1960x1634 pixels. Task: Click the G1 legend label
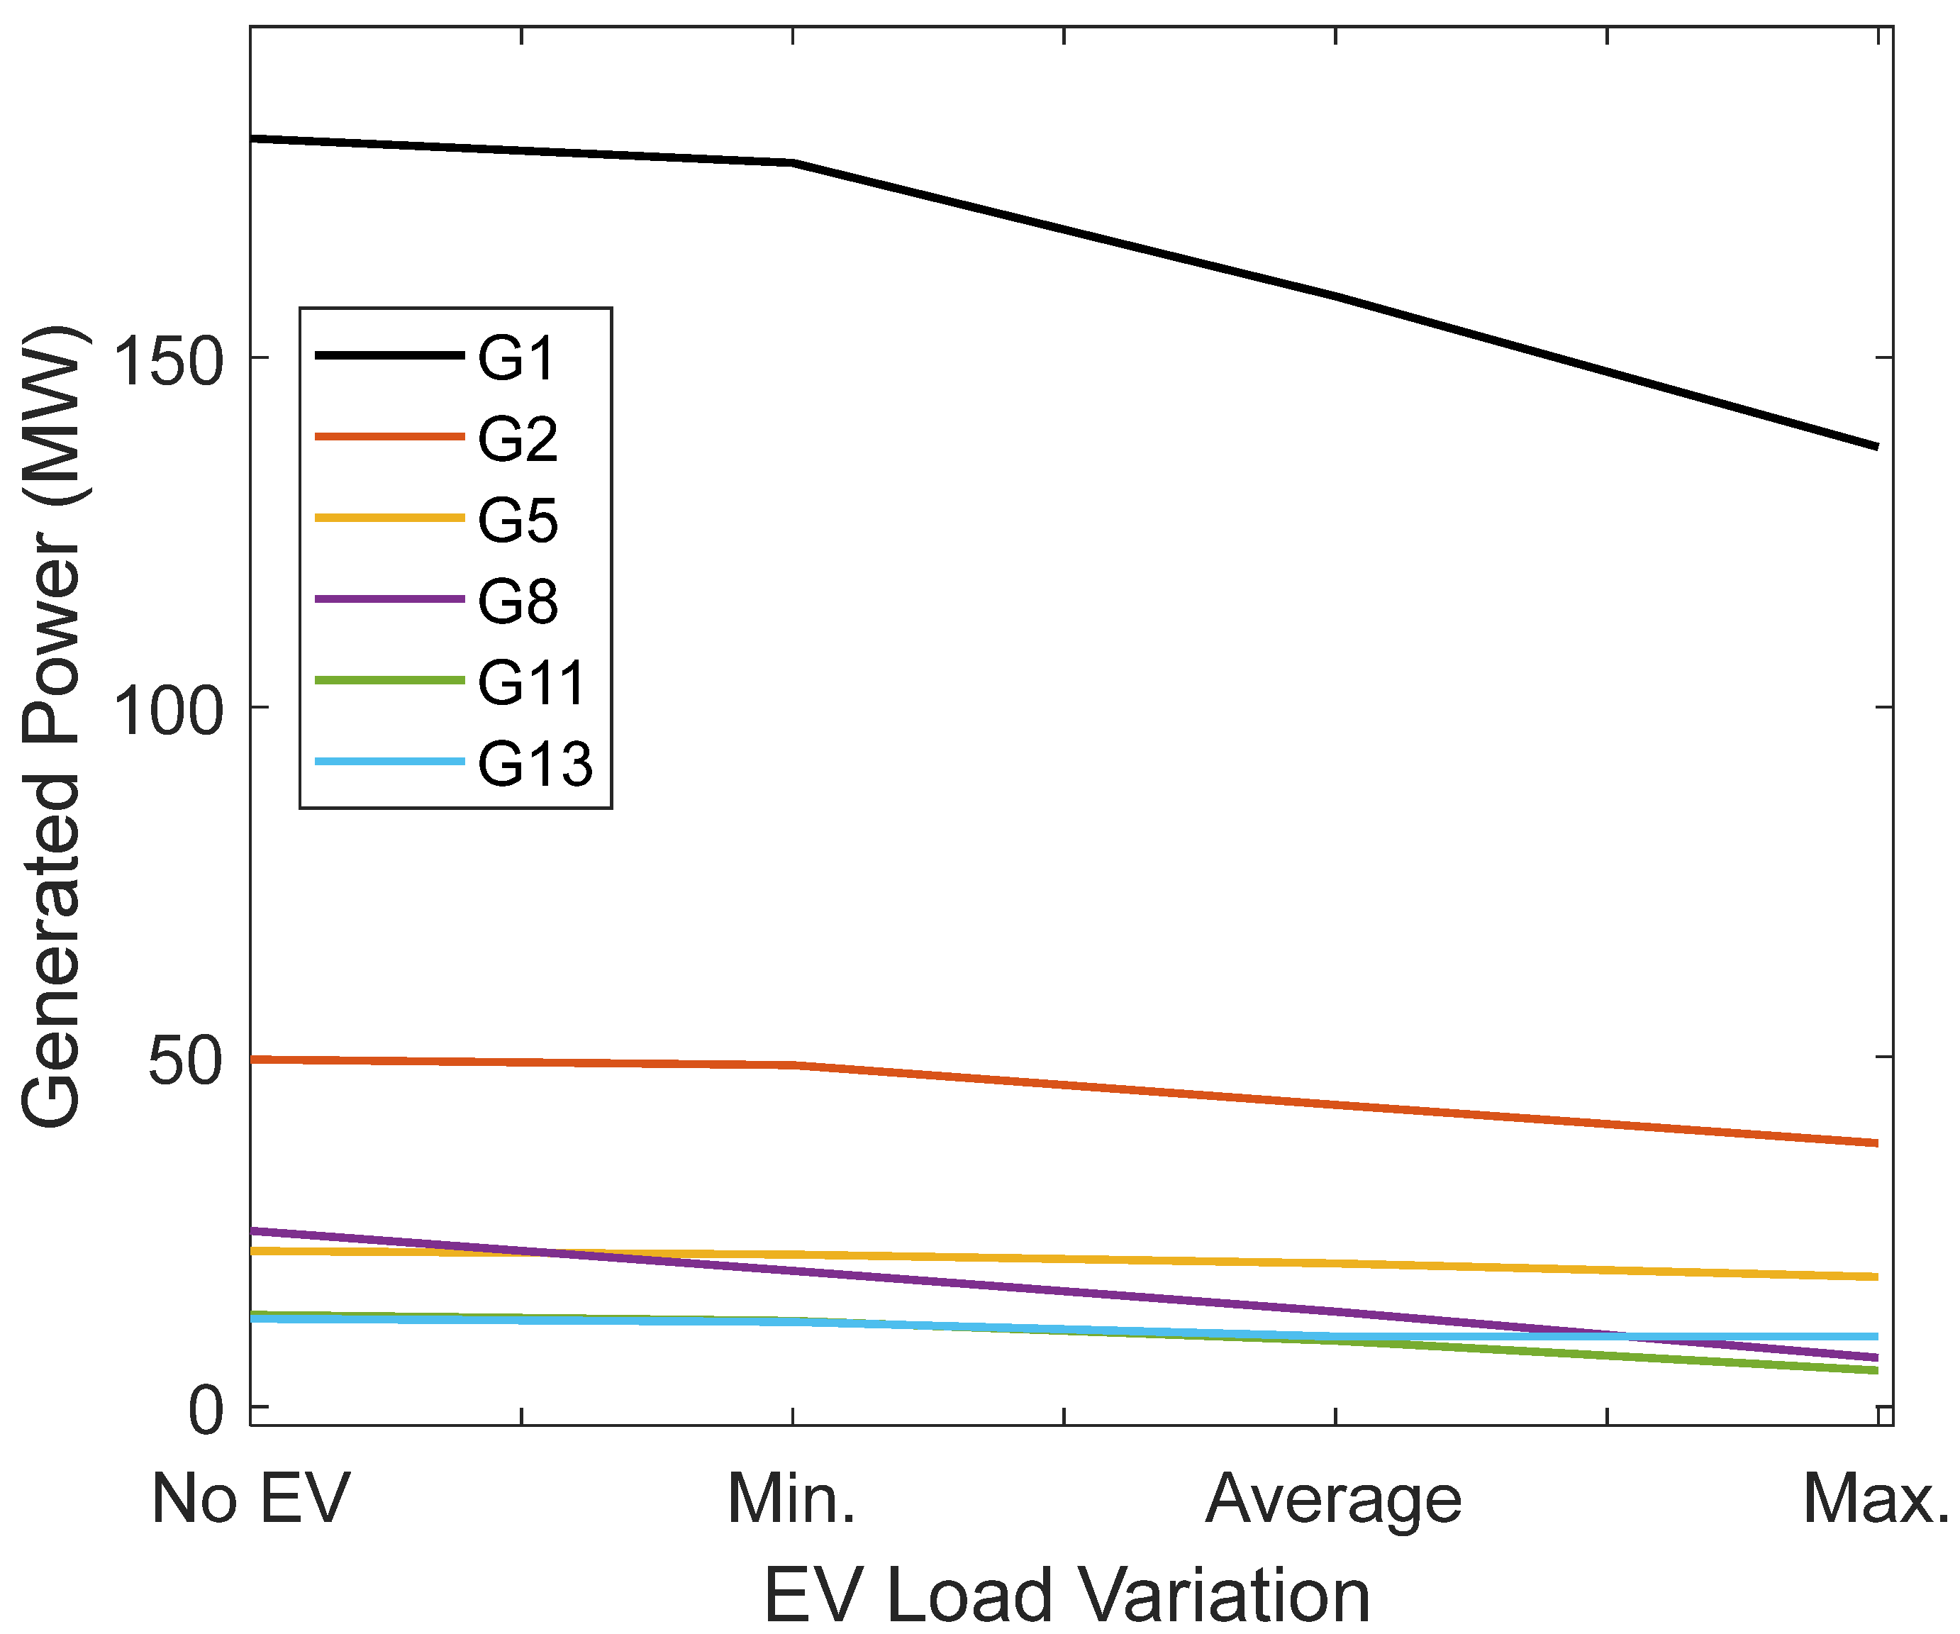coord(516,357)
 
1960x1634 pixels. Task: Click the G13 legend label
coord(535,763)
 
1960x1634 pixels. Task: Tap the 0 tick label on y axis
coord(206,1412)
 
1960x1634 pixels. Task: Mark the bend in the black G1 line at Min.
coord(792,163)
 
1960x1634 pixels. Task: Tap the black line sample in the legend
coord(389,355)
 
